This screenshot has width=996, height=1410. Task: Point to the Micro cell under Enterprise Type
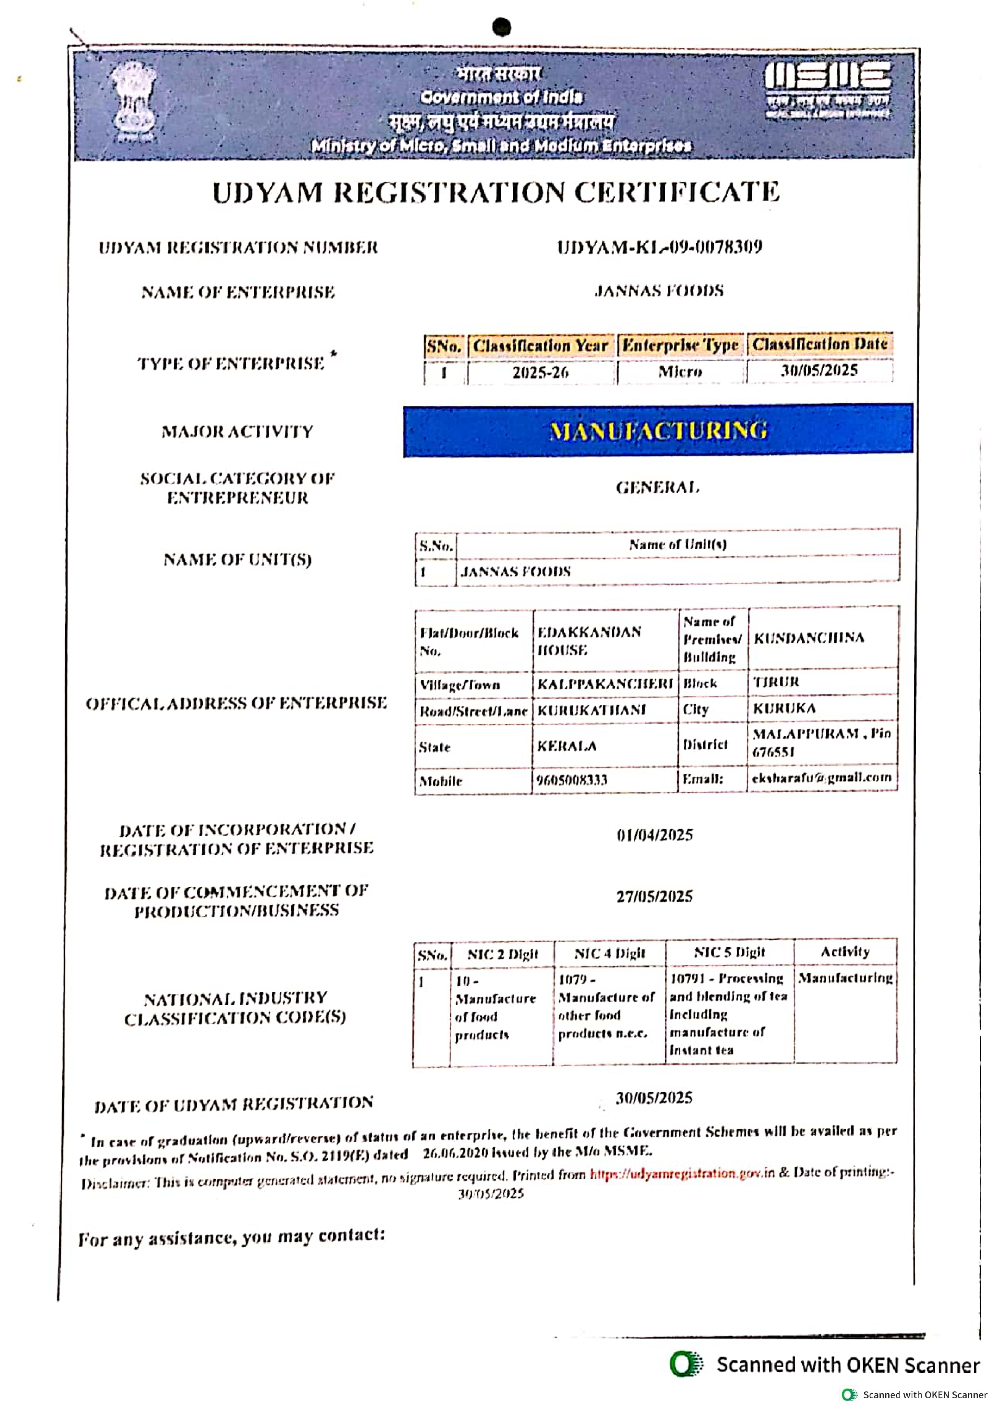680,372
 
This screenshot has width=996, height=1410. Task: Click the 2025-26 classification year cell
540,372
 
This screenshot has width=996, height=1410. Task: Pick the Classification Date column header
820,344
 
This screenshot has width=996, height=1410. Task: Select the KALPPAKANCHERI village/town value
605,684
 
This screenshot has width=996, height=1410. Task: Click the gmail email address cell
821,778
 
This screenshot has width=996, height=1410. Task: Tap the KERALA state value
567,746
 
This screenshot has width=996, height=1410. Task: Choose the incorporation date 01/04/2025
655,835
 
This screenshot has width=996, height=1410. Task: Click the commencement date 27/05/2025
655,897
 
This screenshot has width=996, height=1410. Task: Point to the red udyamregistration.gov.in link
681,1174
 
